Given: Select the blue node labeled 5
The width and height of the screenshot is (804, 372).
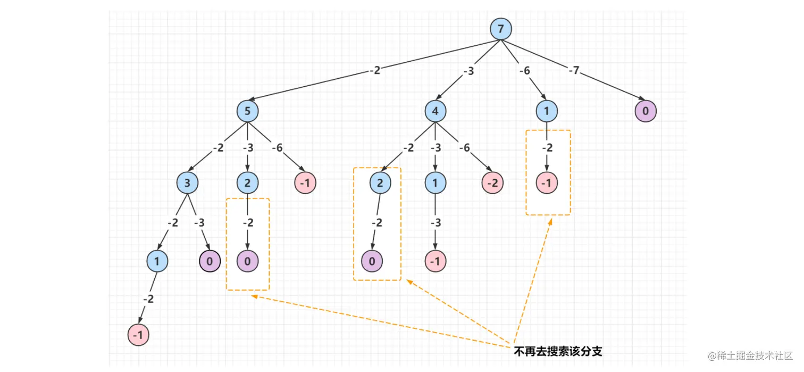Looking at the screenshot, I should tap(248, 111).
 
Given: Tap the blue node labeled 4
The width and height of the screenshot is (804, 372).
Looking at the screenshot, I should tap(435, 111).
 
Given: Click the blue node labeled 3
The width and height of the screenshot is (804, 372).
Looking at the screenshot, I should tap(187, 183).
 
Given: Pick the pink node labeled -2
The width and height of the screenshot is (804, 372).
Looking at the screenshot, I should tap(493, 183).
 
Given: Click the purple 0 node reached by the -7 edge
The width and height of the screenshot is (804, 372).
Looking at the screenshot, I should tap(646, 111).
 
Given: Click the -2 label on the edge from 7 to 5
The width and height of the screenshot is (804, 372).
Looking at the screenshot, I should tap(375, 70).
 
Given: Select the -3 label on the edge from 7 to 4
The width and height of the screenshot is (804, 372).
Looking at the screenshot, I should tap(468, 71).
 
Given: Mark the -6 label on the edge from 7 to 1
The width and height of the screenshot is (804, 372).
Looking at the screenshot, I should tap(525, 71).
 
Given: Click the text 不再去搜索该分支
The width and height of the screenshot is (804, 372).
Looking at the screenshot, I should tap(558, 351).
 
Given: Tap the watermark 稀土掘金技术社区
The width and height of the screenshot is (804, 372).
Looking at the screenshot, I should tap(750, 355).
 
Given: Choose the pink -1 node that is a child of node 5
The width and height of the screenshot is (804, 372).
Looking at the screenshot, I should tap(305, 183).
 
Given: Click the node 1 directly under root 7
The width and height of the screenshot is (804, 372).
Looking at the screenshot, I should tap(547, 111).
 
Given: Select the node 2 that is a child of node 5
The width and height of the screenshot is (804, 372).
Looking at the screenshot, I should tap(248, 183).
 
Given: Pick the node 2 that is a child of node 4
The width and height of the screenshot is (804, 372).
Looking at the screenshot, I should tap(380, 183).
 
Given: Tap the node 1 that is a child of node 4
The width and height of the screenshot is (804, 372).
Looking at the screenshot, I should tap(435, 183).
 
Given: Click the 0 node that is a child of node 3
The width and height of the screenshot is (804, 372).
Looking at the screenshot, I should tap(210, 261).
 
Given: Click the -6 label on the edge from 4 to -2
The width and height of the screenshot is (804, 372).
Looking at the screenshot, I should tap(464, 148).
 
